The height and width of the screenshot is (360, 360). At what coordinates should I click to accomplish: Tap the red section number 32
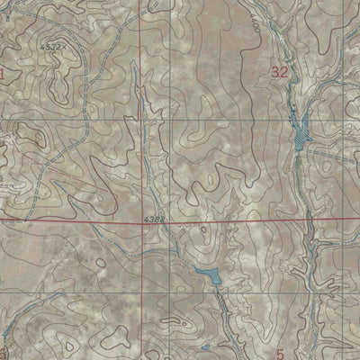tap(281, 70)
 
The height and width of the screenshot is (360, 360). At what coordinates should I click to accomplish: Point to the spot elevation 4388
tap(155, 218)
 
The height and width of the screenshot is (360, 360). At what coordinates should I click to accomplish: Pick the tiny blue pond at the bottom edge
tap(205, 347)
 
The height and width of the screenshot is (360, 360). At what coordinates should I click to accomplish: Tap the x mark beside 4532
tap(65, 45)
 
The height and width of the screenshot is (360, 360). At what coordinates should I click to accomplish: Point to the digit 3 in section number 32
tap(275, 70)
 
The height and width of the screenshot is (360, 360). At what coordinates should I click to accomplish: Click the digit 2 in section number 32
tap(285, 70)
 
